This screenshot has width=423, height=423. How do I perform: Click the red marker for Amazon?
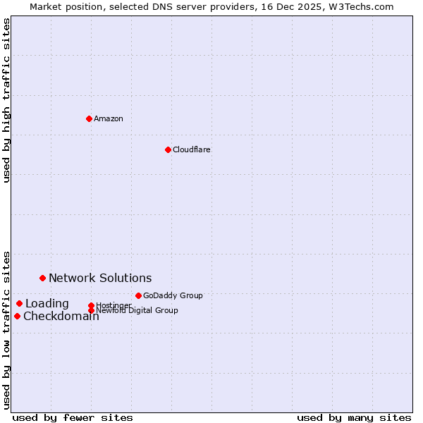coord(89,118)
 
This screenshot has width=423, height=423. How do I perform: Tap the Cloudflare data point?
coord(168,149)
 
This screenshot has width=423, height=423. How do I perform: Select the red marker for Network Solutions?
coord(42,278)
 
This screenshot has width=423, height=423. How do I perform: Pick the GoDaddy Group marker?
coord(138,295)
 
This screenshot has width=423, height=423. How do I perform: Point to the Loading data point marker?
coord(19,303)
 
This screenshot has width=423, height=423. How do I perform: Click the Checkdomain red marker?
coord(17,316)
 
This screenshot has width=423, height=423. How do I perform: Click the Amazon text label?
coord(109,118)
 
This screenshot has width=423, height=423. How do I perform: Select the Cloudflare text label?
coord(192,149)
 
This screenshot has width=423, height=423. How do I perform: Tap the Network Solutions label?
coord(100,278)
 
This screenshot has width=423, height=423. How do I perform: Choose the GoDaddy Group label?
coord(173,295)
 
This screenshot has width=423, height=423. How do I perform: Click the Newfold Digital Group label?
coord(137,310)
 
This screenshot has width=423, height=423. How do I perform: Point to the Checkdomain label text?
coord(61,316)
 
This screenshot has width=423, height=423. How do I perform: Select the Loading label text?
coord(47,303)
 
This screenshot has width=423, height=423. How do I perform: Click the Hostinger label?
coord(114,305)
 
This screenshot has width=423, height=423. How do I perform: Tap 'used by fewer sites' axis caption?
coord(73,417)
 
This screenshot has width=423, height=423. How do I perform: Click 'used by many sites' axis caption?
coord(354,417)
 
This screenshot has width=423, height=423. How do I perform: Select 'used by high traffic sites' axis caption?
coord(7,100)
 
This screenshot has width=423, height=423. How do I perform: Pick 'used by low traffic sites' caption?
coord(7,329)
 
